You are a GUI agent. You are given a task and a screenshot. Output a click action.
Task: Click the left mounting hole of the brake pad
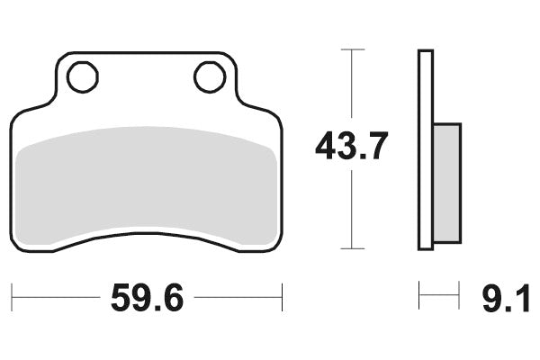[x=82, y=76]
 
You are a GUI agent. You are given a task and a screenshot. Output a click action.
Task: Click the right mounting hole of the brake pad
[x=210, y=76]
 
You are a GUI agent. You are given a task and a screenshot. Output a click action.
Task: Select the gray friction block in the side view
[x=446, y=183]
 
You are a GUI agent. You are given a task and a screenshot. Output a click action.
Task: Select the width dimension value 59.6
[x=147, y=298]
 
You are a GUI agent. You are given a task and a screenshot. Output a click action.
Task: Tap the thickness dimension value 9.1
[x=507, y=298]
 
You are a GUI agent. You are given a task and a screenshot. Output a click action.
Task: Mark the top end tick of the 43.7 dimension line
[x=351, y=49]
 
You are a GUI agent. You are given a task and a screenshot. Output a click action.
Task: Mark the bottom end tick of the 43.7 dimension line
[x=351, y=249]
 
